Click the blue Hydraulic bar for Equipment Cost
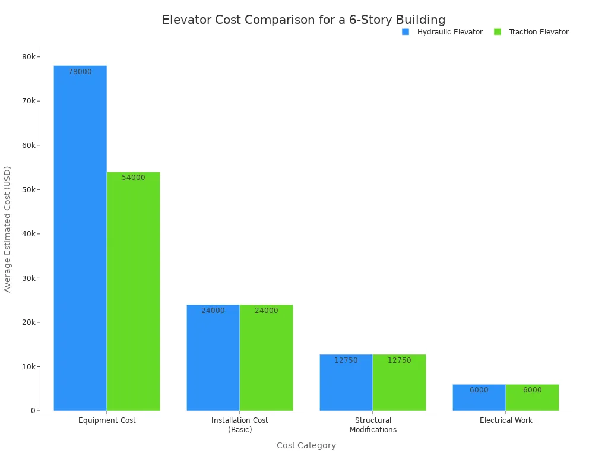coord(80,237)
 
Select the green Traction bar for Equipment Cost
coord(134,291)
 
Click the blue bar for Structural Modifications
coord(346,382)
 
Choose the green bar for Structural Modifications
coord(400,382)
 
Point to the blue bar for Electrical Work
coord(479,398)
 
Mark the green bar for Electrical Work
coord(533,398)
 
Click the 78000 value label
coord(80,72)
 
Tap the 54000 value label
coord(134,178)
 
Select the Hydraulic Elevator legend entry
coord(443,32)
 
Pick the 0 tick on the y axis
coord(33,411)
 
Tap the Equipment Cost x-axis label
coord(107,420)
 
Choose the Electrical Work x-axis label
coord(506,420)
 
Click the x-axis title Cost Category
coord(306,445)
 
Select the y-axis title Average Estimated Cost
coord(8,229)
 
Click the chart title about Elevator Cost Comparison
coord(304,20)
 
